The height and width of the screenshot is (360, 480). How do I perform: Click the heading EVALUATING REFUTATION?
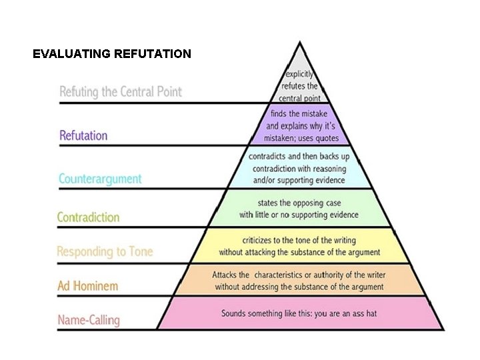pyautogui.click(x=112, y=54)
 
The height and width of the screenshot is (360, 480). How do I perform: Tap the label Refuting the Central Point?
pyautogui.click(x=121, y=91)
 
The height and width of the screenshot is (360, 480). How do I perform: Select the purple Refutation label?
pyautogui.click(x=83, y=135)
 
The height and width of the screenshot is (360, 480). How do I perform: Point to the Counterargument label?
pyautogui.click(x=100, y=179)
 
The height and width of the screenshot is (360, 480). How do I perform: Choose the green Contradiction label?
pyautogui.click(x=89, y=217)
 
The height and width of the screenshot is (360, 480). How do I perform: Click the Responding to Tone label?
pyautogui.click(x=105, y=251)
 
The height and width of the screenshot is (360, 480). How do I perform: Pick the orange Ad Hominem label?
pyautogui.click(x=87, y=286)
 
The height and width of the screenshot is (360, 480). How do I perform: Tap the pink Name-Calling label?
pyautogui.click(x=89, y=320)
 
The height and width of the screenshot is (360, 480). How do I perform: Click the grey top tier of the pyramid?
pyautogui.click(x=299, y=83)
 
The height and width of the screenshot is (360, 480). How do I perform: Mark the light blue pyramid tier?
pyautogui.click(x=299, y=168)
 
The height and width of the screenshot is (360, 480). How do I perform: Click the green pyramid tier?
pyautogui.click(x=299, y=208)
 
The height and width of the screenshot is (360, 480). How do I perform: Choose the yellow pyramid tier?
pyautogui.click(x=299, y=246)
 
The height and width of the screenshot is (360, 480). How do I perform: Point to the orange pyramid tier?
pyautogui.click(x=299, y=281)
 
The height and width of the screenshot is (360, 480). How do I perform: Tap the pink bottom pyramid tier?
pyautogui.click(x=299, y=313)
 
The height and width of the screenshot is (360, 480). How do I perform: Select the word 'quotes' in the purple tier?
pyautogui.click(x=325, y=139)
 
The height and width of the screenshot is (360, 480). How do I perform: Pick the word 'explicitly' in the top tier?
pyautogui.click(x=299, y=75)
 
